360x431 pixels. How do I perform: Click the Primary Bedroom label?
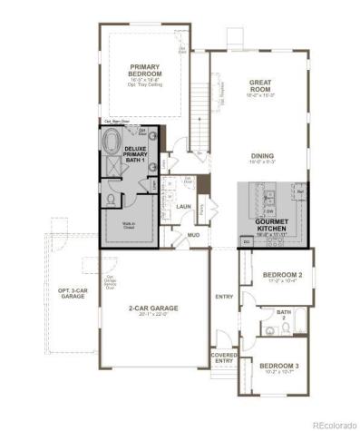(x=145, y=71)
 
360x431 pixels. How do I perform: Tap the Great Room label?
(x=261, y=86)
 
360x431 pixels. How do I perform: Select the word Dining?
(x=262, y=156)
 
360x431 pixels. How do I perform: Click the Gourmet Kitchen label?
(x=270, y=224)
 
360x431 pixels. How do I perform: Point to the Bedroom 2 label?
(x=282, y=275)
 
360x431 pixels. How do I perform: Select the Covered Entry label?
(x=223, y=358)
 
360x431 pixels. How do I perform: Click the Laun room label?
(x=181, y=207)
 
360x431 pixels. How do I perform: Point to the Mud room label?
(x=193, y=234)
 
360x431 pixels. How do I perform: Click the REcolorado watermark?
(x=334, y=424)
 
